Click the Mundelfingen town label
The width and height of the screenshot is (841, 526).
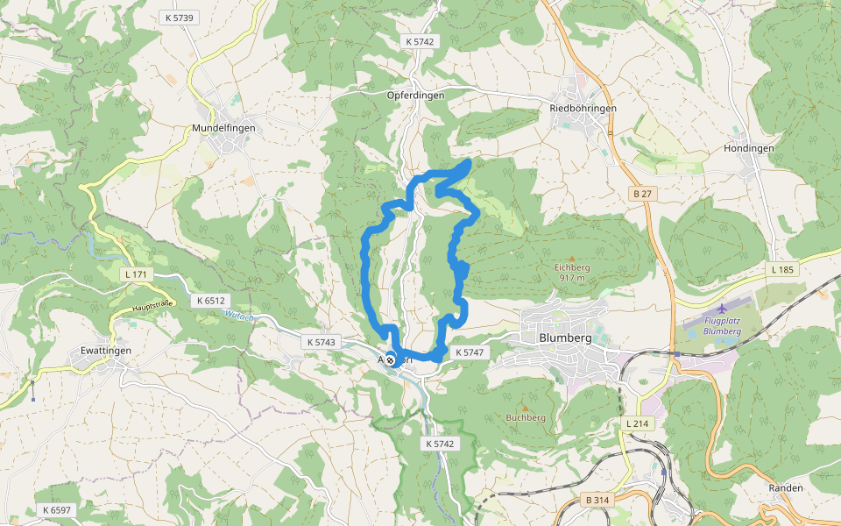tap(223, 128)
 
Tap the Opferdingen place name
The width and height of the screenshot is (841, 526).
tap(416, 95)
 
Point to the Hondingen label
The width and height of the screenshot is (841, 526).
tap(748, 148)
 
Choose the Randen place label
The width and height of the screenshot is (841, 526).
tap(785, 487)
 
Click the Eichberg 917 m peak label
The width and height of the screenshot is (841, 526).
tap(571, 272)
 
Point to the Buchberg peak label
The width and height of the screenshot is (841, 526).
tap(526, 417)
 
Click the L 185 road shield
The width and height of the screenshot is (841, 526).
tap(783, 269)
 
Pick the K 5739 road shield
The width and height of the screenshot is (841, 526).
tap(179, 18)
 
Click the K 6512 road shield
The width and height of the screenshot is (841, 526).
tap(211, 301)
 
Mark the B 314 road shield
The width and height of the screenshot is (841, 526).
tap(596, 500)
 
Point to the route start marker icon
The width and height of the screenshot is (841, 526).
tap(390, 359)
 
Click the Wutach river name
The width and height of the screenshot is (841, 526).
tap(238, 316)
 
